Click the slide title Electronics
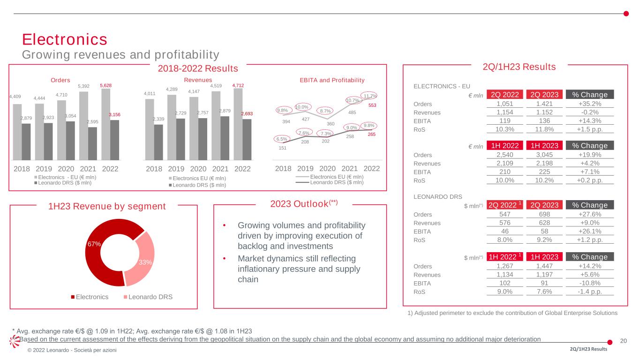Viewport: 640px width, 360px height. click(x=65, y=39)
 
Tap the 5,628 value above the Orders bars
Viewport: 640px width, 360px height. click(x=106, y=85)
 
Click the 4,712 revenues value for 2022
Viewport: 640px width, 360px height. click(x=239, y=85)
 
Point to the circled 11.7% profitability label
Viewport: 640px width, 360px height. click(x=370, y=96)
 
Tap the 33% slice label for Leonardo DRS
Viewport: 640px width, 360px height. click(x=145, y=262)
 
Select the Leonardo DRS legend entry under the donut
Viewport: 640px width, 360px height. click(x=145, y=297)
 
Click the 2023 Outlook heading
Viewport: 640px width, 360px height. click(x=300, y=204)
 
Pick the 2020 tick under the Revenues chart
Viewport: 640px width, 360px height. click(x=198, y=168)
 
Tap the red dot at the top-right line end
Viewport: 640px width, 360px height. click(x=626, y=13)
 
